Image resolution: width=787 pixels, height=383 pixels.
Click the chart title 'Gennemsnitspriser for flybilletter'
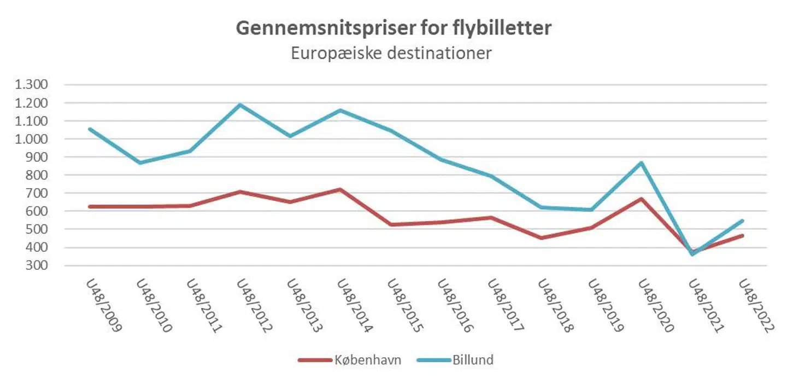click(393, 28)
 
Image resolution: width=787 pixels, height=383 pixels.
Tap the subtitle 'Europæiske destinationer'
click(391, 54)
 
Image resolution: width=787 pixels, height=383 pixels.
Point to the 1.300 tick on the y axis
click(33, 85)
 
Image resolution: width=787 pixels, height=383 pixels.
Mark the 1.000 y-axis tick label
click(33, 139)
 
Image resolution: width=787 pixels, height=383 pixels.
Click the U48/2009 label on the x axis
click(104, 306)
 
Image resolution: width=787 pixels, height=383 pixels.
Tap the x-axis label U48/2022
click(756, 306)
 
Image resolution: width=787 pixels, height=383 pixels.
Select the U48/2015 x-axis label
click(405, 306)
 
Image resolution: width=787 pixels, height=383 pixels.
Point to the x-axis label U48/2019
click(606, 306)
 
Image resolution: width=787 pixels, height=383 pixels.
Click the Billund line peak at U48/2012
click(240, 105)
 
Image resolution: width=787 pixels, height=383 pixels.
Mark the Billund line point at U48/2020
click(642, 163)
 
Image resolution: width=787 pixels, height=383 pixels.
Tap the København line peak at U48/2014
click(340, 189)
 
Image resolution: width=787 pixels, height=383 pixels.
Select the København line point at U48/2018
click(541, 238)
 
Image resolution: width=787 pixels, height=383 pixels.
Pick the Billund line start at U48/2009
click(90, 129)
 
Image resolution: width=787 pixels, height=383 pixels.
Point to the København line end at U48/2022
click(742, 236)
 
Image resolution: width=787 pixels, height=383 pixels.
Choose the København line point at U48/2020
click(642, 199)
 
